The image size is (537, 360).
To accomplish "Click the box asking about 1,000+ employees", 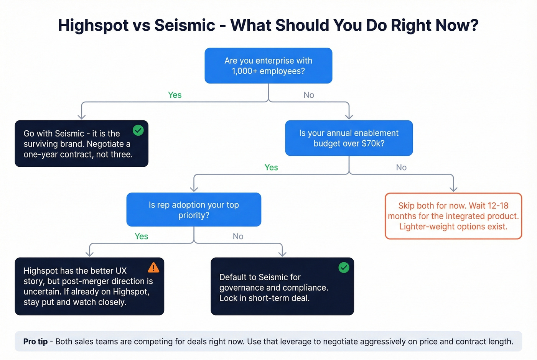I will click(x=268, y=66).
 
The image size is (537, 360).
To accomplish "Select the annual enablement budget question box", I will click(x=349, y=138).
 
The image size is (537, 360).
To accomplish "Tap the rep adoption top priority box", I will click(x=194, y=210).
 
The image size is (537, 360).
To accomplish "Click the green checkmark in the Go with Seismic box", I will click(x=138, y=130).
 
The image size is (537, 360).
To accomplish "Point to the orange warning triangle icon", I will click(x=153, y=267).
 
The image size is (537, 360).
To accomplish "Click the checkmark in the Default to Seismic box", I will click(x=344, y=268).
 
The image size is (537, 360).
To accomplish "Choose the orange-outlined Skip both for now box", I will click(x=453, y=216).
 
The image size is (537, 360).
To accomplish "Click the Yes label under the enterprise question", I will click(x=175, y=95).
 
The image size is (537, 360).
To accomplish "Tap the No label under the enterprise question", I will click(x=309, y=95).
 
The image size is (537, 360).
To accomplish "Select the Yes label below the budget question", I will click(x=271, y=168).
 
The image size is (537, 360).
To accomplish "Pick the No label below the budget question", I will click(x=401, y=168).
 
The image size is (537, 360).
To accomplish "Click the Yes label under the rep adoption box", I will click(x=141, y=237).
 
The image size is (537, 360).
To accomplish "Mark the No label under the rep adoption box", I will click(x=238, y=237).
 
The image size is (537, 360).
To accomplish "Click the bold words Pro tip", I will click(x=35, y=342).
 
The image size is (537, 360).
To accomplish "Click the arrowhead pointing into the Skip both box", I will click(x=453, y=189).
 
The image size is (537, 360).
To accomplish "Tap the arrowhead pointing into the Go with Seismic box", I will click(x=81, y=117).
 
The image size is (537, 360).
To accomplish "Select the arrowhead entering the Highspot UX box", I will click(x=89, y=253).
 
